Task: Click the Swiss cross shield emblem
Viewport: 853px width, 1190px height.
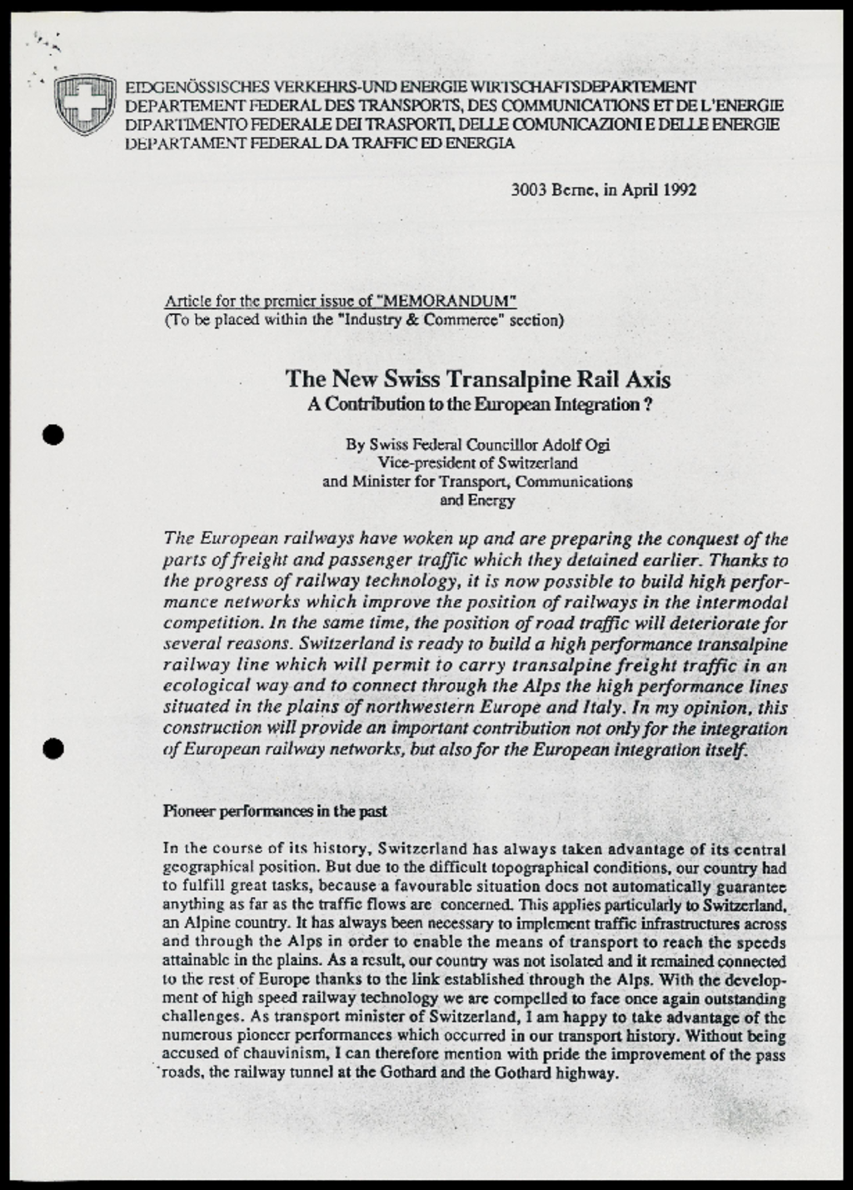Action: tap(84, 104)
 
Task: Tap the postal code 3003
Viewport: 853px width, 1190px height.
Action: tap(528, 189)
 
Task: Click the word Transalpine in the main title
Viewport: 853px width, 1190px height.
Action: tap(511, 380)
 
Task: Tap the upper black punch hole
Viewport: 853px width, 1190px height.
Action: tap(53, 435)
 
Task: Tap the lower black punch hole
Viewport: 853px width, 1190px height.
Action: tap(53, 749)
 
